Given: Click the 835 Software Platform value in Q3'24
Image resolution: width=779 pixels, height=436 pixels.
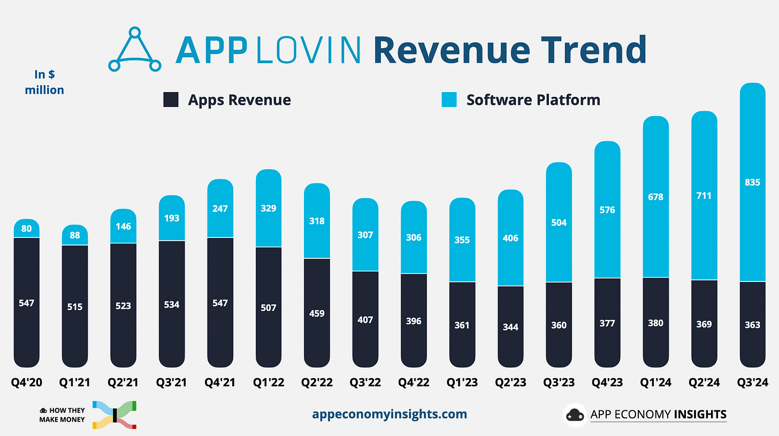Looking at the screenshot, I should tap(752, 182).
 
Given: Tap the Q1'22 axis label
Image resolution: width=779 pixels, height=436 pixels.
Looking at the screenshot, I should tap(269, 383).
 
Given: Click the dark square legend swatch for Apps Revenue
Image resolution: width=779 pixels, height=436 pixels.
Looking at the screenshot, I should tap(171, 100).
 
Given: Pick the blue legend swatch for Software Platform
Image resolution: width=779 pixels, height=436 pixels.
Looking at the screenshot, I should tap(449, 100).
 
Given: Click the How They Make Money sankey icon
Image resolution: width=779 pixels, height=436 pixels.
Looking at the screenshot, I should tap(114, 415).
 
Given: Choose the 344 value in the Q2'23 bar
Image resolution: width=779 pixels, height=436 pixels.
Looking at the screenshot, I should tap(510, 326).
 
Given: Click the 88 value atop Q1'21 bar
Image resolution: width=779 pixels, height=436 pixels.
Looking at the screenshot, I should tap(75, 235).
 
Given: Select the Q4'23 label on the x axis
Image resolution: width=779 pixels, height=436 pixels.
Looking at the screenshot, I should tap(607, 383).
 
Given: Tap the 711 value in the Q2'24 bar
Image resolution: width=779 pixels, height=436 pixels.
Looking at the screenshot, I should tap(704, 196).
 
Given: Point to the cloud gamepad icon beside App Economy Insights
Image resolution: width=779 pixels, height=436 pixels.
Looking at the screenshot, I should tap(575, 415).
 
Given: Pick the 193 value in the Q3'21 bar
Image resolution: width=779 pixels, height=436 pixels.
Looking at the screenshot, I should tap(172, 218).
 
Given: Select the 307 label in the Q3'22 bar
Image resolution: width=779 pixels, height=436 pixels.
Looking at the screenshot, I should tap(365, 235).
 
